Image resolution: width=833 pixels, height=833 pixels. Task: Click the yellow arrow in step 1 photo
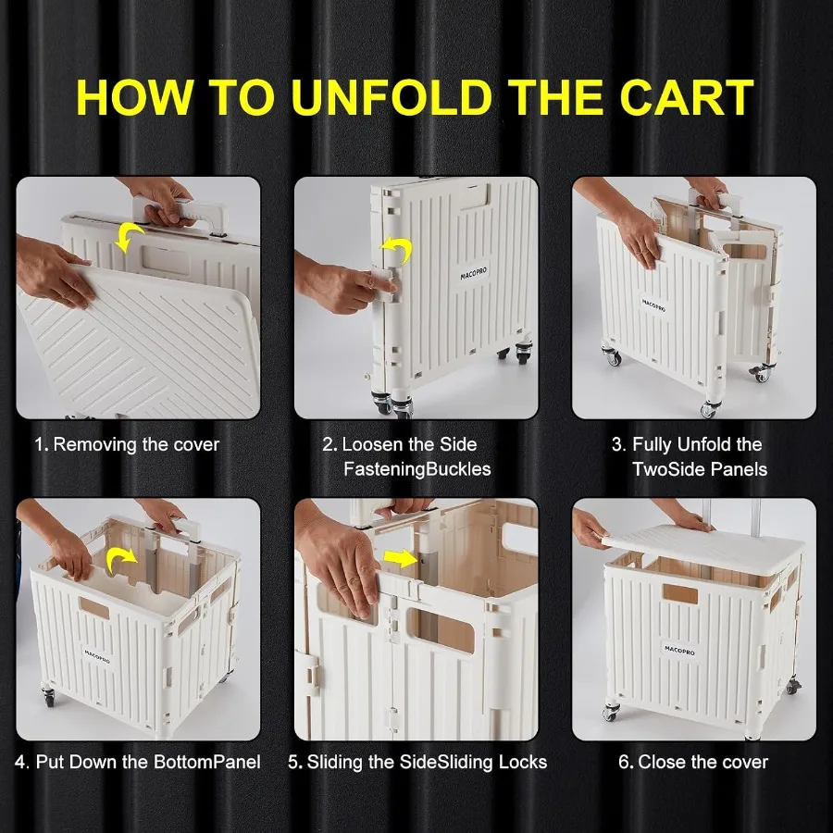coord(130,236)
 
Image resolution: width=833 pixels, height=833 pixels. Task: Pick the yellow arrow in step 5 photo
coord(401,558)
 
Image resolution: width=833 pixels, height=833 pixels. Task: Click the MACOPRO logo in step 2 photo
coord(473,274)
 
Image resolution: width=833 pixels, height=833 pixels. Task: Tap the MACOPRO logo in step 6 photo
coord(679,650)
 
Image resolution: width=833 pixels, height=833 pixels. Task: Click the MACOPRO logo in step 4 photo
coord(98,656)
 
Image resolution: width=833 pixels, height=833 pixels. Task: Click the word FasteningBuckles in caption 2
coord(417,469)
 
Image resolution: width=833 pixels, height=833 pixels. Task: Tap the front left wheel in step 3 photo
coord(613,356)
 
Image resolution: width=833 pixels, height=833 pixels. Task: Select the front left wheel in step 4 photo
coord(48,696)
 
